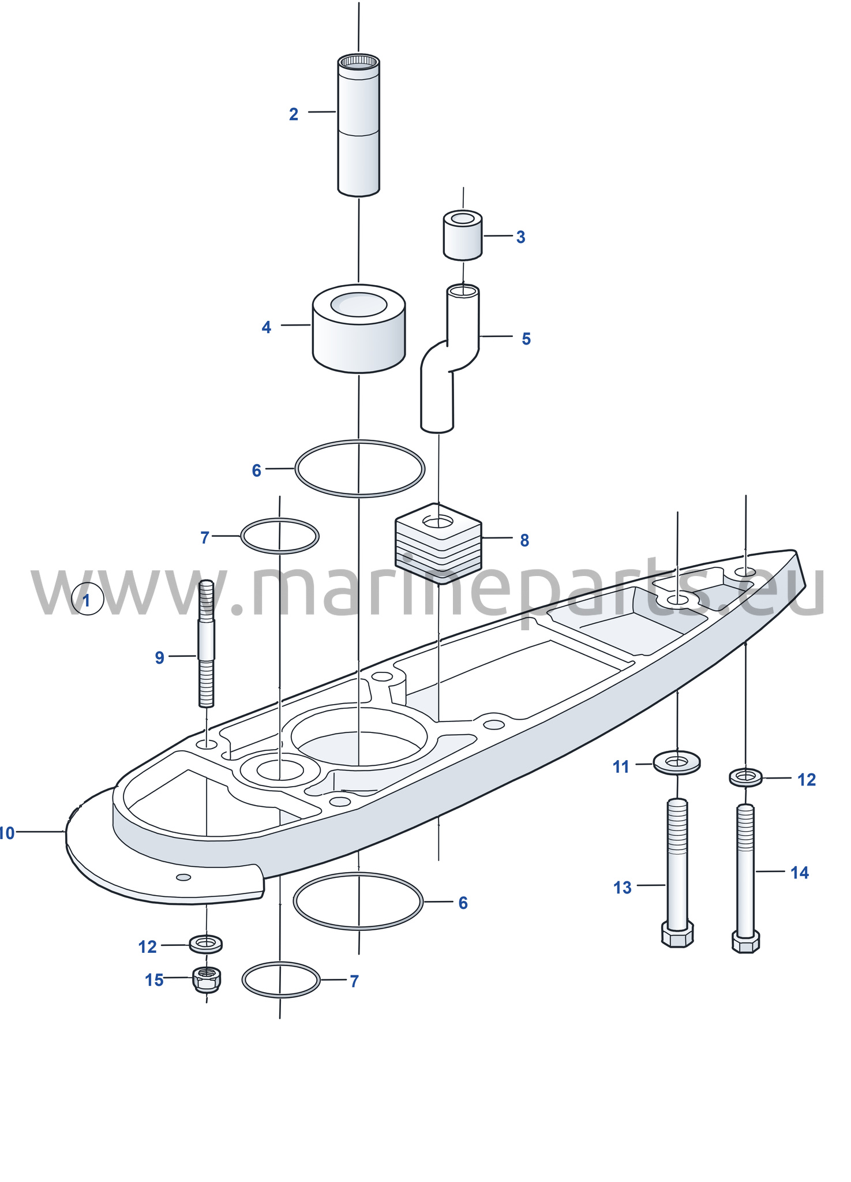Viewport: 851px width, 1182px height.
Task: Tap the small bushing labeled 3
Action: pyautogui.click(x=463, y=235)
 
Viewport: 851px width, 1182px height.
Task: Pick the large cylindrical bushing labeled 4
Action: pyautogui.click(x=359, y=328)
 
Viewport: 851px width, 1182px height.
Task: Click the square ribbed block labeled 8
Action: pyautogui.click(x=438, y=543)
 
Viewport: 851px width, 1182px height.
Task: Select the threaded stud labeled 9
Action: pyautogui.click(x=207, y=644)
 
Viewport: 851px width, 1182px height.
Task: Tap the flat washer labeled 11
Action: pyautogui.click(x=677, y=764)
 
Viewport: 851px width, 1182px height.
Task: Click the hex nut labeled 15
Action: pyautogui.click(x=206, y=979)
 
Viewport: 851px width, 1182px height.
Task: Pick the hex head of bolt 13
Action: pyautogui.click(x=677, y=934)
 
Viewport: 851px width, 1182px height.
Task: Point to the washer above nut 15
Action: pyautogui.click(x=206, y=944)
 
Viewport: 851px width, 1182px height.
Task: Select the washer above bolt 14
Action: pyautogui.click(x=745, y=777)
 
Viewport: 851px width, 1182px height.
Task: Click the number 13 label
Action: pyautogui.click(x=623, y=888)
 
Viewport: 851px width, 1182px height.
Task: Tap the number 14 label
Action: pyautogui.click(x=800, y=873)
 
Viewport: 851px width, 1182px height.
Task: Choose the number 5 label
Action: pyautogui.click(x=526, y=339)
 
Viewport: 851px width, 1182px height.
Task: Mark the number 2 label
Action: pyautogui.click(x=294, y=114)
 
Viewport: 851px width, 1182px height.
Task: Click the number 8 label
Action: pyautogui.click(x=524, y=540)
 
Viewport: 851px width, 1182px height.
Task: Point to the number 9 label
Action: pyautogui.click(x=160, y=657)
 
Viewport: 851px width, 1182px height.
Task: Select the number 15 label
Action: pyautogui.click(x=154, y=980)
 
